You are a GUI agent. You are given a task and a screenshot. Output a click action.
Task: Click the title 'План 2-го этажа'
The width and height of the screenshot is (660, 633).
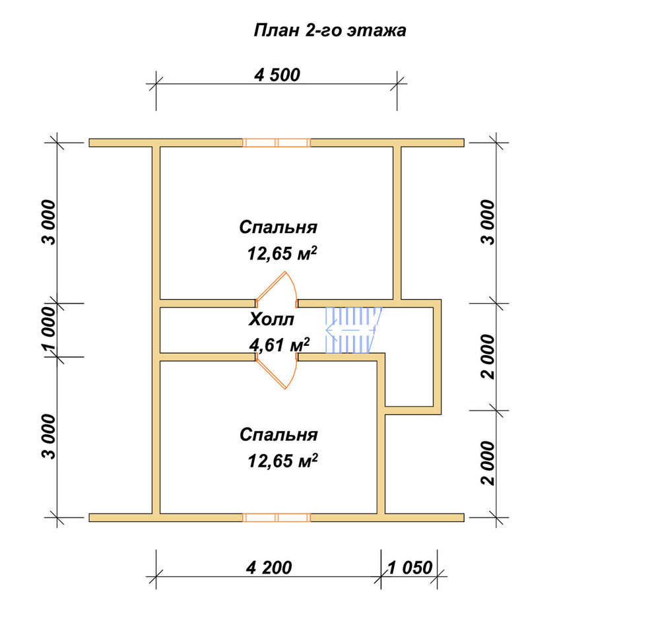click(329, 31)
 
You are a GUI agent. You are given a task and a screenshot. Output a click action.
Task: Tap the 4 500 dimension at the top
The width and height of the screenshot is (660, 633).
click(277, 75)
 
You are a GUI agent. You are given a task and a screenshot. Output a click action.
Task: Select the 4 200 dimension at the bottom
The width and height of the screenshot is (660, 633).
click(269, 568)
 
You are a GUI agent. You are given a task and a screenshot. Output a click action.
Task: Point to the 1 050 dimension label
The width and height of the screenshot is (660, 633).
click(410, 568)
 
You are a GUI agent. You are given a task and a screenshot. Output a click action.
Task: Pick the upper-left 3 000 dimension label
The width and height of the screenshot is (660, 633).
click(49, 222)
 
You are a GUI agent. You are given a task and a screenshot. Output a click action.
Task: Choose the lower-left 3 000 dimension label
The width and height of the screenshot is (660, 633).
click(49, 436)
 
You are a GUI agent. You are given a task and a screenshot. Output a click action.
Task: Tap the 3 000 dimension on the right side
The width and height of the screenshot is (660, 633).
click(488, 222)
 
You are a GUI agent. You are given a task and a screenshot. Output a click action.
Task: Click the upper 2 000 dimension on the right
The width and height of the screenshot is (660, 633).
click(488, 357)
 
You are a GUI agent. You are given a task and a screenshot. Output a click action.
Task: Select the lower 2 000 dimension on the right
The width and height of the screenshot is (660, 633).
click(488, 463)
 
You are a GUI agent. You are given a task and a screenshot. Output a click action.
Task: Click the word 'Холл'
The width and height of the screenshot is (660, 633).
click(271, 320)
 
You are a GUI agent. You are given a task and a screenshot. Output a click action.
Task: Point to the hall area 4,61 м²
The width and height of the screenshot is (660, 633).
click(279, 345)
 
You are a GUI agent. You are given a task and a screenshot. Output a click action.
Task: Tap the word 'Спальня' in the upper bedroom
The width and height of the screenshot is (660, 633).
click(279, 227)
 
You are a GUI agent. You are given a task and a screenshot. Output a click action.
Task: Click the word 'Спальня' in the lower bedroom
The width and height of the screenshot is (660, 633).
click(279, 435)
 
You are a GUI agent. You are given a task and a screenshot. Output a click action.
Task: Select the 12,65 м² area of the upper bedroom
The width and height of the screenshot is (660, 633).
click(282, 253)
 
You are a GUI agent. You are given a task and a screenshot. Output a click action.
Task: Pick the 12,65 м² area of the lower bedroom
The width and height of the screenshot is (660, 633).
click(282, 461)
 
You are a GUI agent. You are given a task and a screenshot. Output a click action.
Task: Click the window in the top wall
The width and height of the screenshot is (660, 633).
click(277, 143)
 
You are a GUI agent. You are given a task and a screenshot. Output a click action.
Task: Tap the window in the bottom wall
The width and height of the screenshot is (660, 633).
click(277, 517)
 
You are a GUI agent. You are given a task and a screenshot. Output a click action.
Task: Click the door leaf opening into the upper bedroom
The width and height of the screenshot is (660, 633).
click(271, 286)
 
